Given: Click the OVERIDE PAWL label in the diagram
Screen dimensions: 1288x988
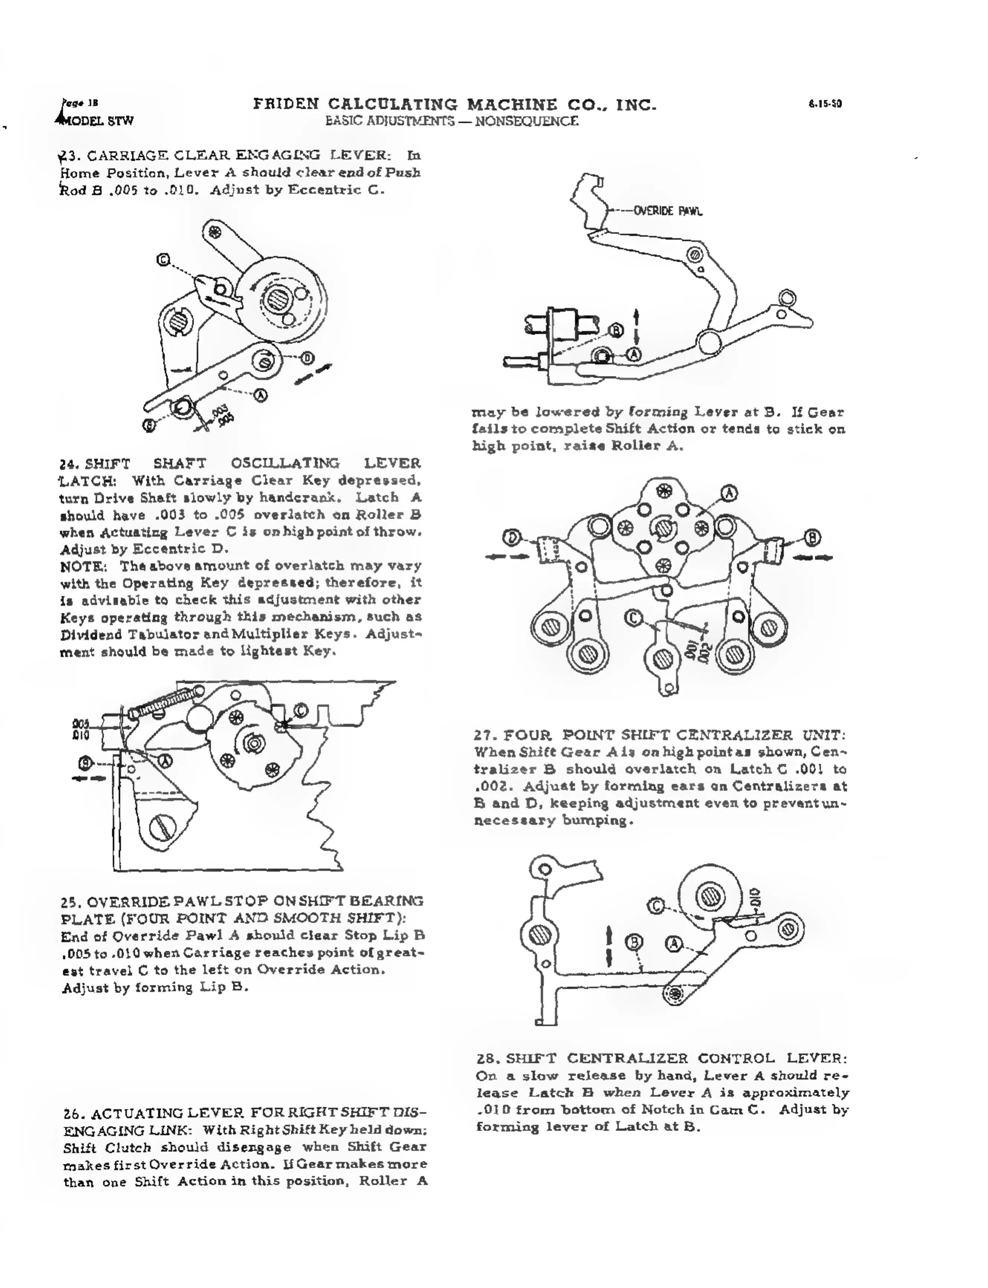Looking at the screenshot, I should click(667, 211).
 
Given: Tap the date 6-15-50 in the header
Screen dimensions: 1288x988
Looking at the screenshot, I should click(825, 104).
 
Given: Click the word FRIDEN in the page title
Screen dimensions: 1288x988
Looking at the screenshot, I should click(286, 105).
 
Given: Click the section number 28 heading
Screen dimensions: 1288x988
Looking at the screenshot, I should click(488, 1058).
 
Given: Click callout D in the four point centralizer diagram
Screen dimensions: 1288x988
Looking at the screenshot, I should click(512, 537).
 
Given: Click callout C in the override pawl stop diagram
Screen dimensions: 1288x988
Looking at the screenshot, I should click(300, 710).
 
